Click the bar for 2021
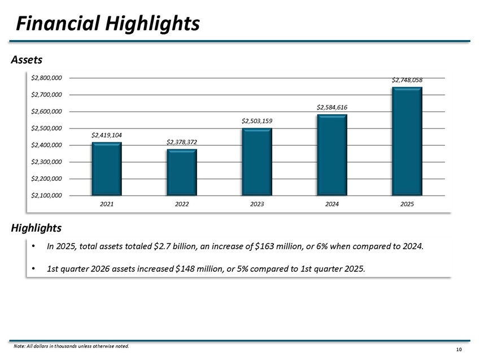pyautogui.click(x=107, y=169)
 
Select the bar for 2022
pyautogui.click(x=182, y=172)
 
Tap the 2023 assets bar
pyautogui.click(x=257, y=162)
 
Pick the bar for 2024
pyautogui.click(x=332, y=155)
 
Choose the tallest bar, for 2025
pyautogui.click(x=407, y=141)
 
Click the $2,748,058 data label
pyautogui.click(x=407, y=80)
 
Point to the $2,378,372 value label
pyautogui.click(x=182, y=142)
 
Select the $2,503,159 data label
pyautogui.click(x=257, y=121)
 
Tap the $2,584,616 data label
pyautogui.click(x=332, y=107)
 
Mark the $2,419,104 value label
pyautogui.click(x=107, y=135)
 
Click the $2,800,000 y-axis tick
pyautogui.click(x=46, y=78)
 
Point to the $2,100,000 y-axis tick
pyautogui.click(x=46, y=196)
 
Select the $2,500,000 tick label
pyautogui.click(x=46, y=128)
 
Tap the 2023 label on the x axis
pyautogui.click(x=257, y=204)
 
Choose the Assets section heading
pyautogui.click(x=27, y=60)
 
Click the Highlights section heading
pyautogui.click(x=36, y=228)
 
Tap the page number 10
pyautogui.click(x=459, y=350)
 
